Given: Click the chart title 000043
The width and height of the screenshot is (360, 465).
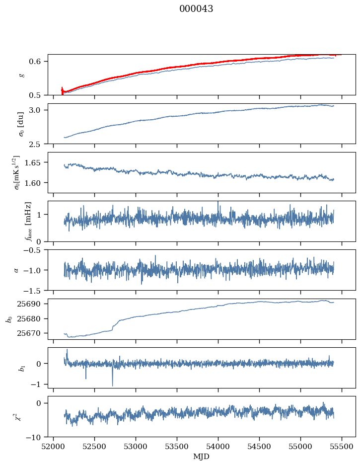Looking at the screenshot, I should (196, 9).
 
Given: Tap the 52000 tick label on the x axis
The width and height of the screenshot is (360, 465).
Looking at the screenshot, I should (54, 446).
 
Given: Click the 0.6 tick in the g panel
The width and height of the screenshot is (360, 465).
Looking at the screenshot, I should (39, 62).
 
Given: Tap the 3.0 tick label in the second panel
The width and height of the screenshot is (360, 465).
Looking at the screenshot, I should (39, 110).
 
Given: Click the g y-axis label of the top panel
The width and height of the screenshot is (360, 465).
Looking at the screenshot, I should (21, 75).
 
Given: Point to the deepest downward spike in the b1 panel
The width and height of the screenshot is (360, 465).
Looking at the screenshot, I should (112, 386).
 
